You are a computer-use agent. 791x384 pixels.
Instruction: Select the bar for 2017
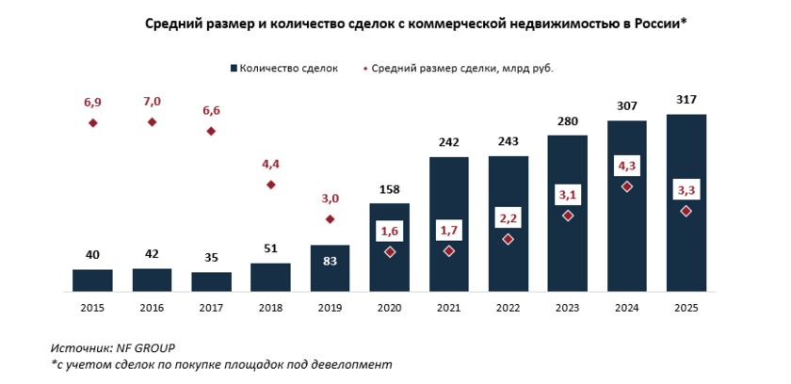(211, 281)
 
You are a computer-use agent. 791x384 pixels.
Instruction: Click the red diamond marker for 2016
(152, 121)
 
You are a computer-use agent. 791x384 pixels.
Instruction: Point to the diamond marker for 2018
(271, 184)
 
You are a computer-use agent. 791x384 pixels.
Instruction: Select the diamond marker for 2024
(627, 186)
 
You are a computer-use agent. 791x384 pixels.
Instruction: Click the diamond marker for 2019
(330, 219)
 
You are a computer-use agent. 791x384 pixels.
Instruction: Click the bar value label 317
(686, 100)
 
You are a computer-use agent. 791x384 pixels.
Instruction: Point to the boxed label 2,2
(508, 218)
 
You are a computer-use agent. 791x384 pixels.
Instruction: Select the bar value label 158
(390, 189)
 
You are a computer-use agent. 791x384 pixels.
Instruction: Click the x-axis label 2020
(390, 307)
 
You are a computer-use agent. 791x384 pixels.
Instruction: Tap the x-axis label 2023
(568, 307)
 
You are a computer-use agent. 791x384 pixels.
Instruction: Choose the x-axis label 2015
(92, 307)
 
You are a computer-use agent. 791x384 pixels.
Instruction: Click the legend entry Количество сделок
(288, 68)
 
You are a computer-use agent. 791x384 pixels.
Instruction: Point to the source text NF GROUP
(146, 347)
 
